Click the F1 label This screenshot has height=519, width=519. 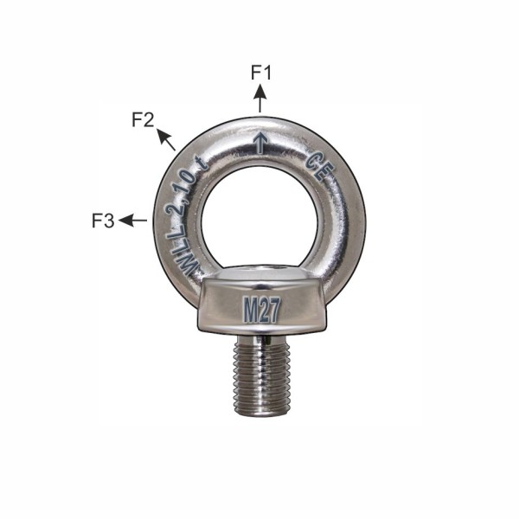click(x=261, y=73)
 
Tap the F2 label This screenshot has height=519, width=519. click(x=143, y=119)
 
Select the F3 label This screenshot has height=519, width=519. click(x=103, y=221)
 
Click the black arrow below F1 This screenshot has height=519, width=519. click(x=260, y=99)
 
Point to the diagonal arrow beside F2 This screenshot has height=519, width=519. click(x=165, y=139)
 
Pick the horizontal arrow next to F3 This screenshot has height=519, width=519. click(x=132, y=220)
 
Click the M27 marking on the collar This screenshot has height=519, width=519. click(x=261, y=310)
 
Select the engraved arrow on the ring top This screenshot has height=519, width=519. click(x=260, y=143)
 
